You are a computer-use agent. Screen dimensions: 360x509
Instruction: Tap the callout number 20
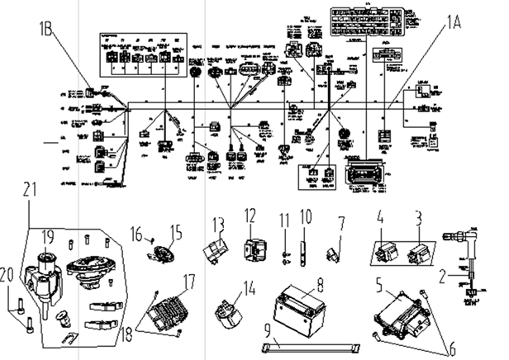point(12,276)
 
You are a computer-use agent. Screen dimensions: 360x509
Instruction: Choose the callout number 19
point(49,235)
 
